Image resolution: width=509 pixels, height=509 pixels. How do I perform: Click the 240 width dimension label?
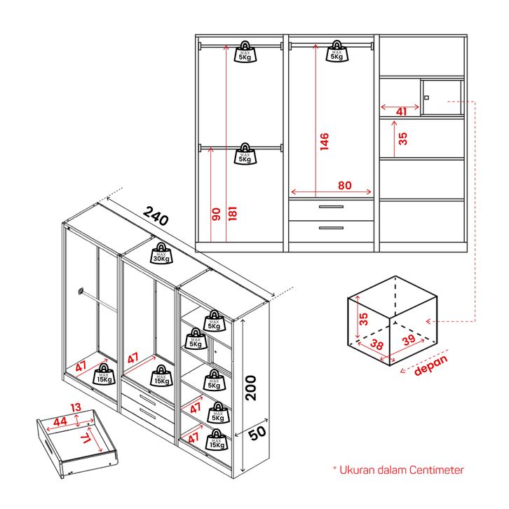pos(156,215)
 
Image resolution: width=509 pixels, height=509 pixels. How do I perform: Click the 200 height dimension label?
pos(250,388)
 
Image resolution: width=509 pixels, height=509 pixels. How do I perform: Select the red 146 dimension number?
pos(325,141)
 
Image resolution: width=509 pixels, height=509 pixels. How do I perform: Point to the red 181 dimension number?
pos(233,213)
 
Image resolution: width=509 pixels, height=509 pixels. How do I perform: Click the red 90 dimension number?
pos(216,215)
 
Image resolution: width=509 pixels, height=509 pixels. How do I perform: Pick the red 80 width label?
pos(345,185)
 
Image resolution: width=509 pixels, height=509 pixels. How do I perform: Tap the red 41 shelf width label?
pos(402,111)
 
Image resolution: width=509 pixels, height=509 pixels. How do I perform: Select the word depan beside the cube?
pos(430,365)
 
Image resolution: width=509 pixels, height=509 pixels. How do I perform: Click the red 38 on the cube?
pos(376,344)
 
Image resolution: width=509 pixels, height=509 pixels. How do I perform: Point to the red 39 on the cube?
pos(409,340)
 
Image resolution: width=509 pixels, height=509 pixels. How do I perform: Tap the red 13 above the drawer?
pos(76,407)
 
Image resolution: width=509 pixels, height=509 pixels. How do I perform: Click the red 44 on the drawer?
pos(60,421)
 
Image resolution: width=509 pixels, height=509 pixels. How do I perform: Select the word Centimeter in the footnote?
pos(437,470)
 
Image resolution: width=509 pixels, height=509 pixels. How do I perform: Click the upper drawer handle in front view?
pos(331,207)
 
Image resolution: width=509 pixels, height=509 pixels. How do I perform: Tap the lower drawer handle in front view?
pos(331,228)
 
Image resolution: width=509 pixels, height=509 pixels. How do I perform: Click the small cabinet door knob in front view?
pos(426,97)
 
